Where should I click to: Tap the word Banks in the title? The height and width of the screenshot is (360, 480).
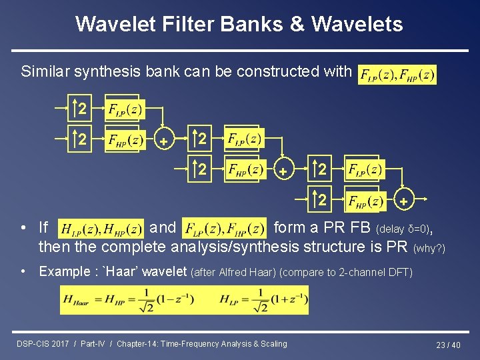tap(255, 24)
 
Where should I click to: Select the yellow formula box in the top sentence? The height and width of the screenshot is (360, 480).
tap(397, 74)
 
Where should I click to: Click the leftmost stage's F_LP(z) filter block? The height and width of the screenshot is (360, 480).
tap(125, 109)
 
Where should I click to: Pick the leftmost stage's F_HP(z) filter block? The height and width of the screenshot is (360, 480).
tap(125, 141)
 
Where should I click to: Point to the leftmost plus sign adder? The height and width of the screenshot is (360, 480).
tap(163, 141)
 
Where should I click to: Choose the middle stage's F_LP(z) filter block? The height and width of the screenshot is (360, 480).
tap(244, 140)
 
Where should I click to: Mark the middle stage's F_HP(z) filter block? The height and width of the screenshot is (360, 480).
tap(244, 170)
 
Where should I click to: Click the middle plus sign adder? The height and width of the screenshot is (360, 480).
tap(283, 171)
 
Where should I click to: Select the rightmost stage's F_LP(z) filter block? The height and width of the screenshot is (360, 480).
tap(365, 169)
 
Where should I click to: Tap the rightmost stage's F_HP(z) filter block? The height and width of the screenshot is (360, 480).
tap(365, 200)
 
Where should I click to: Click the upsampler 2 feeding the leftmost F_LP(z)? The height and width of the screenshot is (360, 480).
tap(80, 109)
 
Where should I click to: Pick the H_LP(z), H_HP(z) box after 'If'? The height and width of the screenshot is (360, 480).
tap(101, 229)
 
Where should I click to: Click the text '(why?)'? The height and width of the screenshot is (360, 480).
tap(429, 248)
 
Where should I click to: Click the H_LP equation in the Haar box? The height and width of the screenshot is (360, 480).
tap(263, 299)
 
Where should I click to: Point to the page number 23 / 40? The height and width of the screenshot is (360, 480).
tap(448, 345)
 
